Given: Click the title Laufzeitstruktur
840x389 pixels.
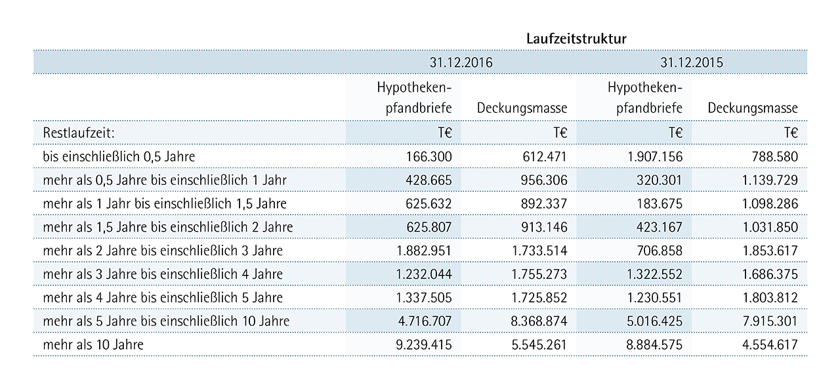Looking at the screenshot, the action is pos(576,39).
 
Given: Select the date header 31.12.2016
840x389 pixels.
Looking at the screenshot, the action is pos(461,62).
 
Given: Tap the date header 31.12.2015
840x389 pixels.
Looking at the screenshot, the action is pos(692,62).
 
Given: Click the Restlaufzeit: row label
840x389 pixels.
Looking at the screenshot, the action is pos(79,133).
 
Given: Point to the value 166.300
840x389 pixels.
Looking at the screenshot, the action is pos(429,156).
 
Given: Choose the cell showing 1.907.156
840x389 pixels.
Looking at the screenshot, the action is pos(655,156).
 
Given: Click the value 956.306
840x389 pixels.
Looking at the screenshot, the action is pos(544,180).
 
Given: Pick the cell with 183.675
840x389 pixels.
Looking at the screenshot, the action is pos(660,203).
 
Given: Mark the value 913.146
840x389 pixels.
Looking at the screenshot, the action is pos(544,227).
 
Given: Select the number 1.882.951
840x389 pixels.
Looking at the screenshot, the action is pos(424,251).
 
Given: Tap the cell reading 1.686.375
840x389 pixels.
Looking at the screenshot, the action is pos(770,274).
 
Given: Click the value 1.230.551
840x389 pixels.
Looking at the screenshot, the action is pos(655,298).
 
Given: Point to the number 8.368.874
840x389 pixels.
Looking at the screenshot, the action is pos(539,321).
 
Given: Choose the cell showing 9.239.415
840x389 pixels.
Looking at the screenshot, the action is pos(424,345).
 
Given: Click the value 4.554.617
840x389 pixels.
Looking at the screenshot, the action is pos(770,345).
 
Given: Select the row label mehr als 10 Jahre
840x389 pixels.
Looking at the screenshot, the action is pos(93,345).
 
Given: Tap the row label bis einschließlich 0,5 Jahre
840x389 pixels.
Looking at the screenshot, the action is pos(119,156).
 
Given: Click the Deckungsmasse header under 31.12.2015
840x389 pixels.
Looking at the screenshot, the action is pos(753,108).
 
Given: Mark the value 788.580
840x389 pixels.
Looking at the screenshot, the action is pos(775,156).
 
